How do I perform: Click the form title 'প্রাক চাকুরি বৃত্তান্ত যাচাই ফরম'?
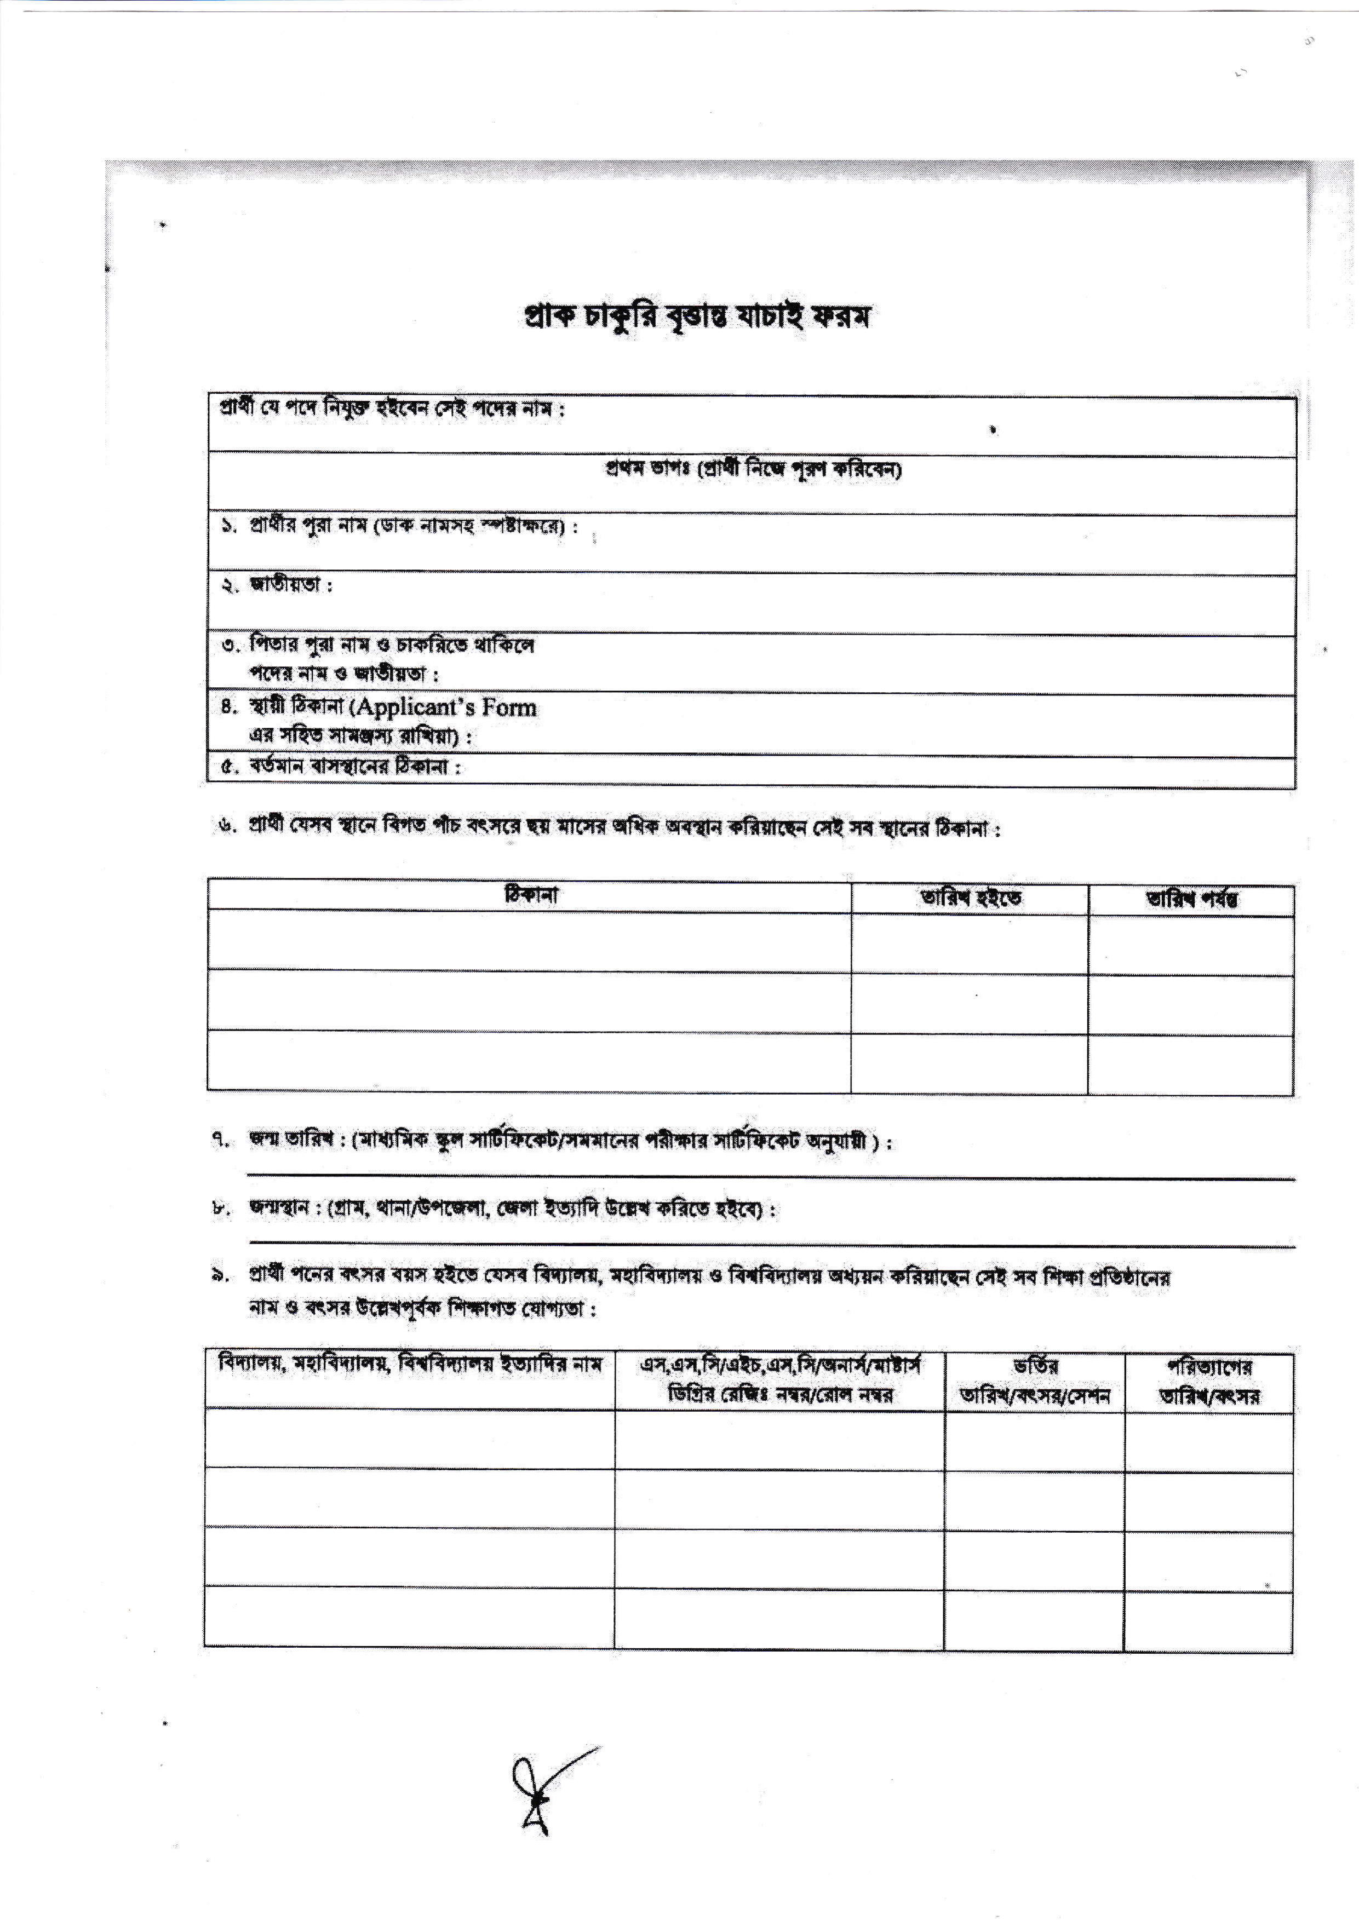tap(696, 317)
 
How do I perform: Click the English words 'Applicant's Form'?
tap(444, 708)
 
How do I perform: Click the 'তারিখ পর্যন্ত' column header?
tap(1191, 899)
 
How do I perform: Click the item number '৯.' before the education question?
tap(220, 1277)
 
